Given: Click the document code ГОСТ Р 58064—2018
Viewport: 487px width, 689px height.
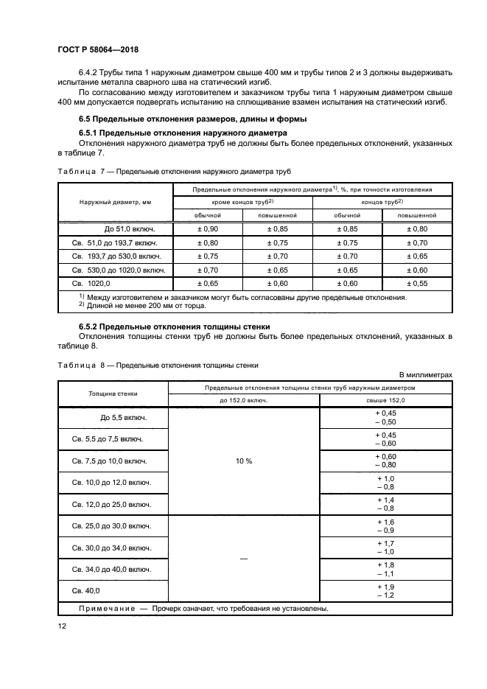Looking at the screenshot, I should pos(98,49).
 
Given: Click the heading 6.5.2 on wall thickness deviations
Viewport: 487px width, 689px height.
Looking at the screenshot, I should pos(175,326).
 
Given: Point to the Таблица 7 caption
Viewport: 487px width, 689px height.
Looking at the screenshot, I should pos(174,171).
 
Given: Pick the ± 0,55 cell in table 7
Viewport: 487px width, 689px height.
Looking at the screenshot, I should pos(417,282).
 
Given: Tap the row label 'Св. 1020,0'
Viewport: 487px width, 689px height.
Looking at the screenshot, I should pos(91,282).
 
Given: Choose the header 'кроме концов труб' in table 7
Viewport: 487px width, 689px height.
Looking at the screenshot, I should pos(242,201).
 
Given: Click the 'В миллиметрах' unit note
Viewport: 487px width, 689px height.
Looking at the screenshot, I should pos(426,374).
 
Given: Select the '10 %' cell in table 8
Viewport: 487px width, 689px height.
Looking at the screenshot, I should pos(244,461).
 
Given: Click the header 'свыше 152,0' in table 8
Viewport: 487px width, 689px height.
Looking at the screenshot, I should pos(386,399).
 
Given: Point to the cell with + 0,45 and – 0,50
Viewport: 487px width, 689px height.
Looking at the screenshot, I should pos(386,418).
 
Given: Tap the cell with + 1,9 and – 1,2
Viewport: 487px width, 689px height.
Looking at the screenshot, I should pos(386,590).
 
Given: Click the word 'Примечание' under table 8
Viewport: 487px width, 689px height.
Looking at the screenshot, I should pos(106,609).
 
